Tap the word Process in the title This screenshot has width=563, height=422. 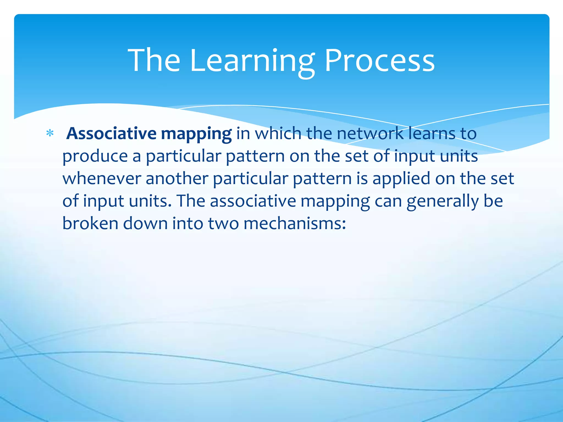pyautogui.click(x=379, y=60)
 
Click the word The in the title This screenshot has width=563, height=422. pyautogui.click(x=154, y=60)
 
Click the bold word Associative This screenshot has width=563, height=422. pyautogui.click(x=111, y=134)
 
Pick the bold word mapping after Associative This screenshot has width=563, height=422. pyautogui.click(x=196, y=135)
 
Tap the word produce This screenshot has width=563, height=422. pyautogui.click(x=95, y=157)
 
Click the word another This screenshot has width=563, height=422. pyautogui.click(x=177, y=179)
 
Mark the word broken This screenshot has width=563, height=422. pyautogui.click(x=90, y=223)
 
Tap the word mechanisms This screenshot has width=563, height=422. pyautogui.click(x=294, y=223)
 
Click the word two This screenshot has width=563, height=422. pyautogui.click(x=223, y=223)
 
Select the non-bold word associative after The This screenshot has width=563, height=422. pyautogui.click(x=253, y=201)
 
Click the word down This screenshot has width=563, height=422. pyautogui.click(x=145, y=223)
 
